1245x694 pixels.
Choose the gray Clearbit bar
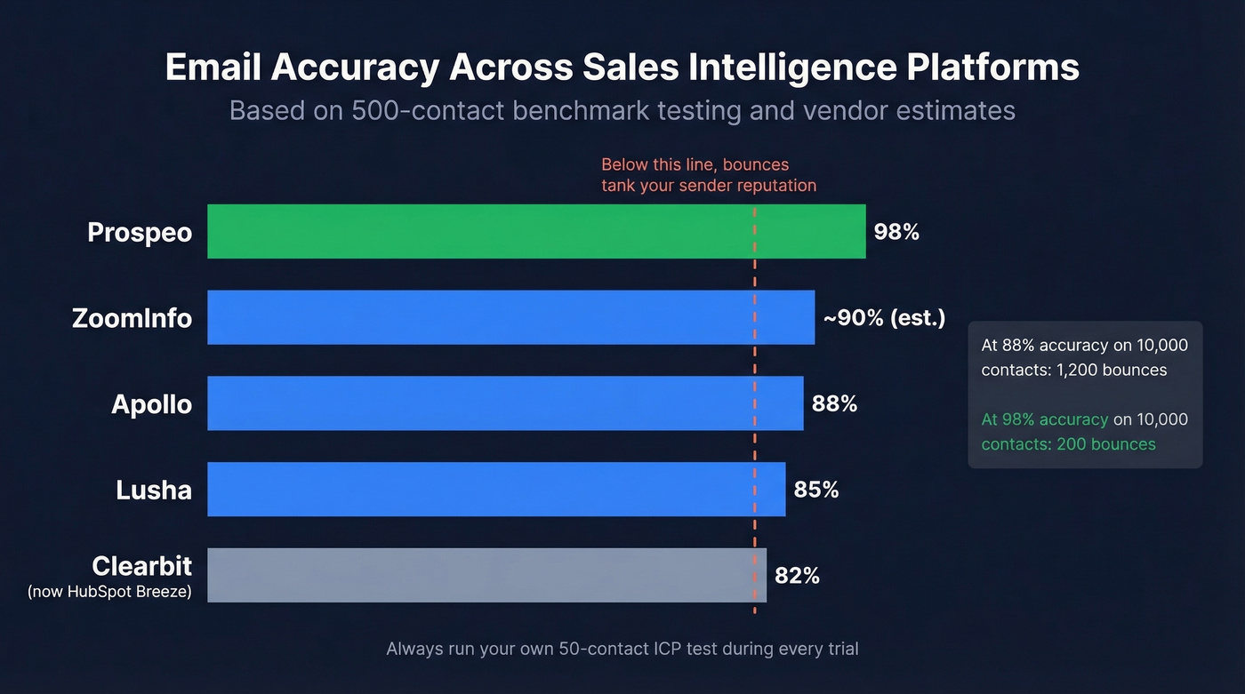486,575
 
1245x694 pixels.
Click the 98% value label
896,232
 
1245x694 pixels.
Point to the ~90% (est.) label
884,317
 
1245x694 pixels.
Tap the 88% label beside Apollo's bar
834,403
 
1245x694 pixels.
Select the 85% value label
816,489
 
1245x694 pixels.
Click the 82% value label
797,575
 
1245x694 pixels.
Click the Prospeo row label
140,232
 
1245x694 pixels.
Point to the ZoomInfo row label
132,317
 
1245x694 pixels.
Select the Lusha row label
154,489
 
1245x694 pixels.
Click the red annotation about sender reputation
708,175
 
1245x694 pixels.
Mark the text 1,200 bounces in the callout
1112,370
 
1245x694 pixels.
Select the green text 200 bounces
1106,443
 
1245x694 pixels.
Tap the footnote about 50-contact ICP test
622,649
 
